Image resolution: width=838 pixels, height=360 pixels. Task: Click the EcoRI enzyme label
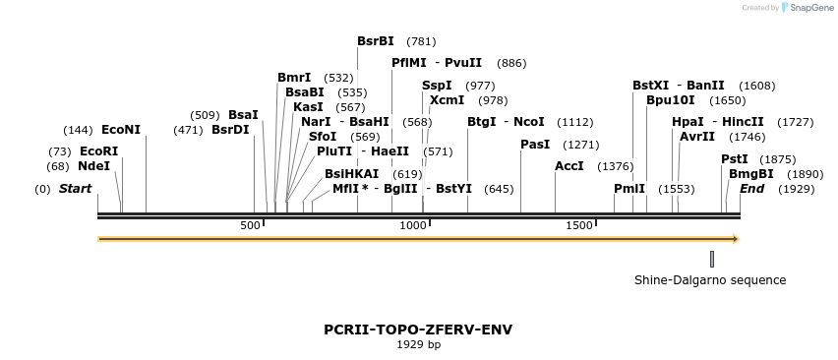(98, 151)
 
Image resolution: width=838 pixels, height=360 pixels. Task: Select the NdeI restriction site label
(93, 166)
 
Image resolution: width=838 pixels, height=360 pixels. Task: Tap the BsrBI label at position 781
(376, 41)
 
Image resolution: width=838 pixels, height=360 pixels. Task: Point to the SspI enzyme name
(437, 86)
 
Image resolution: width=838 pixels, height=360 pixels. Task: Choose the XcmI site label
(448, 100)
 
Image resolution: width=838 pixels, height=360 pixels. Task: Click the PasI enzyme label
(535, 145)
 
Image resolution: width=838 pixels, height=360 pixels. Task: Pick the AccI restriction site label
(569, 166)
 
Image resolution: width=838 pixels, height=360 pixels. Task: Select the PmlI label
(629, 189)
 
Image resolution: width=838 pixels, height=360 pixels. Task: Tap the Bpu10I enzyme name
(671, 100)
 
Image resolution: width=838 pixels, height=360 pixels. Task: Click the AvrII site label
(697, 137)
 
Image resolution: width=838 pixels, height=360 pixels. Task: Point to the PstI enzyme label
(735, 159)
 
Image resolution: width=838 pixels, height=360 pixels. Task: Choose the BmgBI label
(751, 174)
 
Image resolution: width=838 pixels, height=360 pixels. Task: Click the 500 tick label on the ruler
(251, 226)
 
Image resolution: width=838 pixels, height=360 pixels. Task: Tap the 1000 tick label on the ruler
(413, 226)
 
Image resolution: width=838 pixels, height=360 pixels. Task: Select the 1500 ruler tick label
(579, 226)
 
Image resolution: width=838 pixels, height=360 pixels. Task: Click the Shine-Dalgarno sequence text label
(710, 280)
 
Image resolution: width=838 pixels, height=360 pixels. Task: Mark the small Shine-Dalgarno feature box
(712, 259)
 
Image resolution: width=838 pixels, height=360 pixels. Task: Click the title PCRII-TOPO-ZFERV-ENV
(418, 330)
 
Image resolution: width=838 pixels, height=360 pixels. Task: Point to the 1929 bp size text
(418, 344)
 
